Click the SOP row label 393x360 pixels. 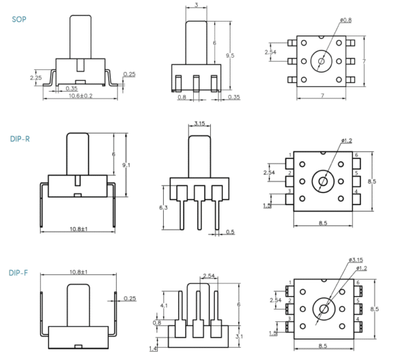[20, 20]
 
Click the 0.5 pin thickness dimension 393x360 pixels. [230, 232]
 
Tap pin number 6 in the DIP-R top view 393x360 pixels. [356, 155]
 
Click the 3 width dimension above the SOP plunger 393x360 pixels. [197, 5]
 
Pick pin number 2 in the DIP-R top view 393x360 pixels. [290, 173]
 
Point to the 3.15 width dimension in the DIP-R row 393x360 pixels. [200, 122]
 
